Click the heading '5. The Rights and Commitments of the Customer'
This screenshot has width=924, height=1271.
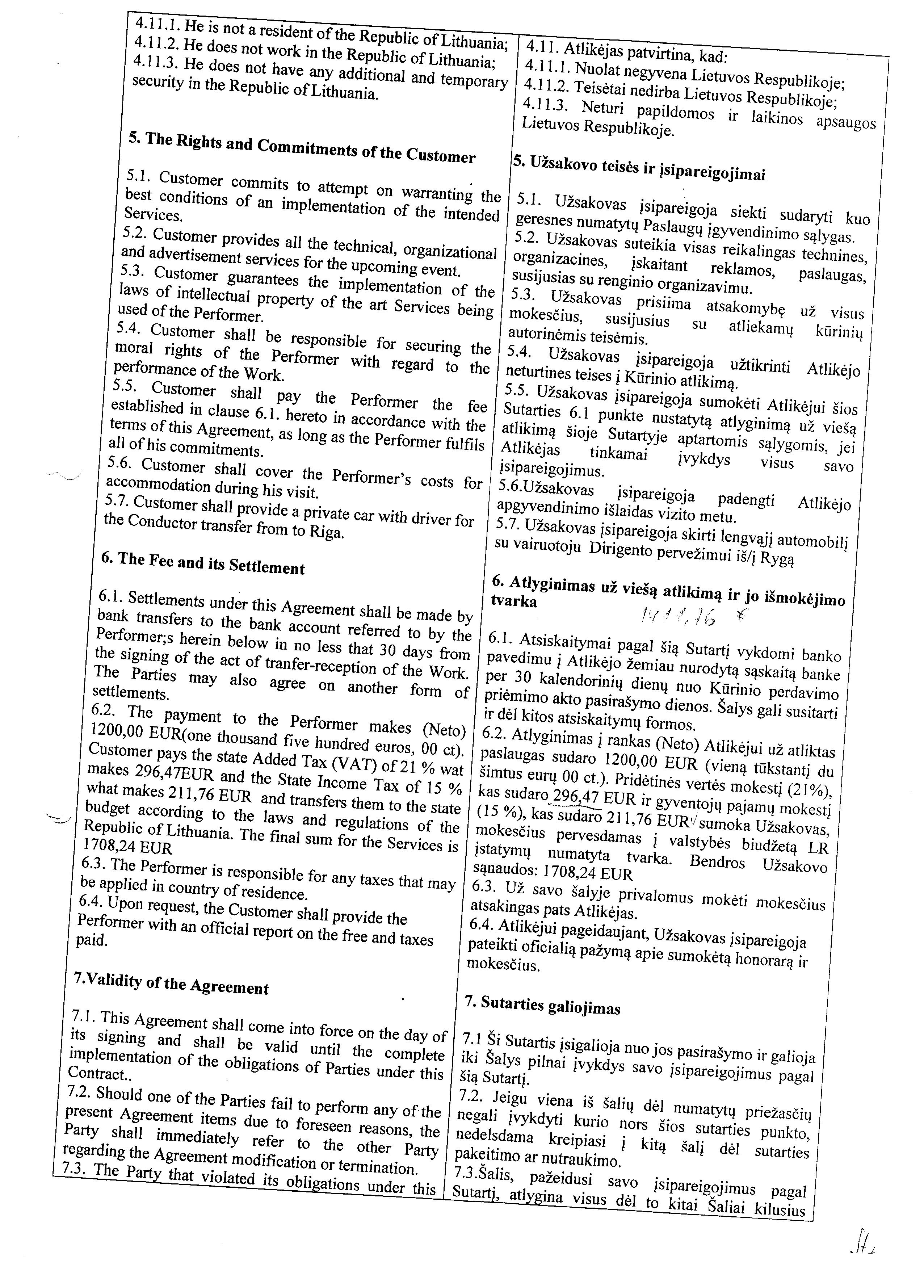302,148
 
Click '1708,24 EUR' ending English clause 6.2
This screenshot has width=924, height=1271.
127,847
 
